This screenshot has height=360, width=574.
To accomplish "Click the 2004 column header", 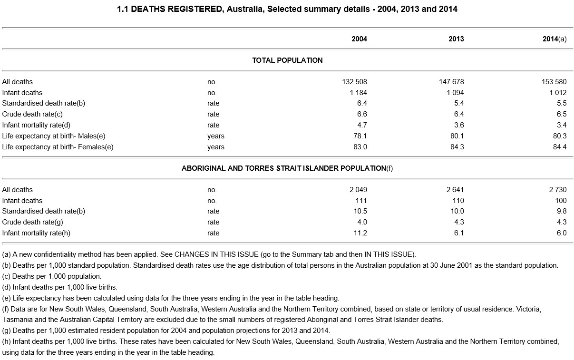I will pyautogui.click(x=359, y=39).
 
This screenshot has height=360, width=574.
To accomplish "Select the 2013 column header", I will pyautogui.click(x=456, y=39).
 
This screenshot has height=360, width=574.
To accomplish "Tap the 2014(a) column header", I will pyautogui.click(x=555, y=39).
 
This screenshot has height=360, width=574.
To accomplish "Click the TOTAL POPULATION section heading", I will pyautogui.click(x=287, y=60).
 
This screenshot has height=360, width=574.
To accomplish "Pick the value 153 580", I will pyautogui.click(x=551, y=82).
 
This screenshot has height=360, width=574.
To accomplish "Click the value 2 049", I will pyautogui.click(x=358, y=190).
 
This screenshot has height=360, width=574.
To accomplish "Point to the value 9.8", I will pyautogui.click(x=561, y=211).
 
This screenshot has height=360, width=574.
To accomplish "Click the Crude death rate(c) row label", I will pyautogui.click(x=32, y=114).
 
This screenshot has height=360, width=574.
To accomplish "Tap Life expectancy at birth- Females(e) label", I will pyautogui.click(x=58, y=147).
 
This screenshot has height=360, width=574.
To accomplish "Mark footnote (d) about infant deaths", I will pyautogui.click(x=59, y=287).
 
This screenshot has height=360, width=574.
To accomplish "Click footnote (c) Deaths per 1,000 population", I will pyautogui.click(x=52, y=276).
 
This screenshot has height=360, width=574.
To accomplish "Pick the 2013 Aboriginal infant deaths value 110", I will pyautogui.click(x=458, y=201).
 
